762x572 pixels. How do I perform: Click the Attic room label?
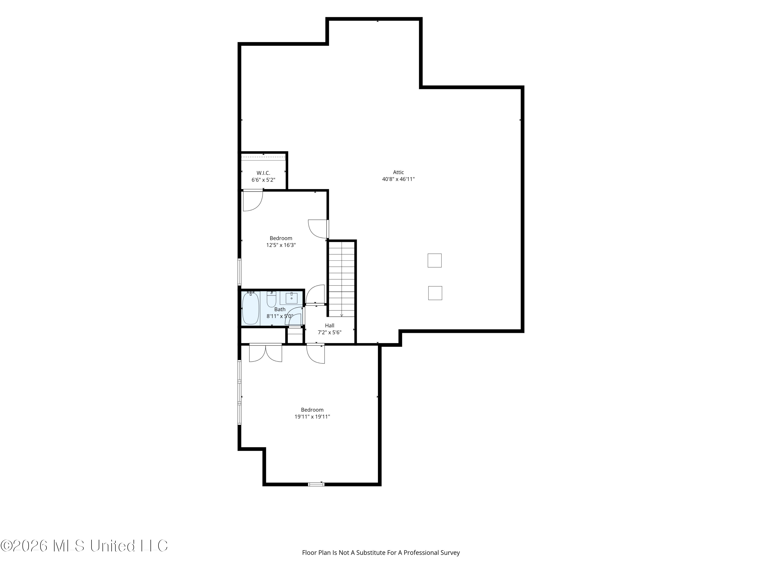[x=398, y=172]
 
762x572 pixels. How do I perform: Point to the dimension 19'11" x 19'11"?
[x=312, y=416]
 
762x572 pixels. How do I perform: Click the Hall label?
[x=330, y=325]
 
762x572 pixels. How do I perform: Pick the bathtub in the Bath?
[x=251, y=308]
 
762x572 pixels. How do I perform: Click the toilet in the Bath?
[x=272, y=299]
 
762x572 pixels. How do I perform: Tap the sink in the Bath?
[x=291, y=298]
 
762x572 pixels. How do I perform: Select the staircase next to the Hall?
[x=341, y=279]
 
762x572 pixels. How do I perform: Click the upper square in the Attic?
[x=434, y=260]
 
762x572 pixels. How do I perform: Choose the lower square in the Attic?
[x=435, y=293]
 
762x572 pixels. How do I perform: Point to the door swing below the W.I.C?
[x=253, y=201]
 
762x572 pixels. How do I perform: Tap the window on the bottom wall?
[x=316, y=484]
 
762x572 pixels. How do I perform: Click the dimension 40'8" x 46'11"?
[x=398, y=179]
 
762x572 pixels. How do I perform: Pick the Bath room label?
[x=280, y=309]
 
